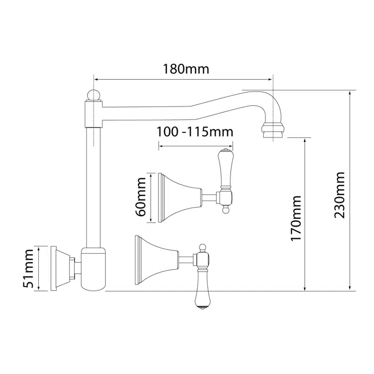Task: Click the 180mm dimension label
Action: pos(186,69)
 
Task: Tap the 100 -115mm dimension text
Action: pos(195,132)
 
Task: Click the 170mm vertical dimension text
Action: pos(296,218)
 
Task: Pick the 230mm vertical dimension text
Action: pos(339,195)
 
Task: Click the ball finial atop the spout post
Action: pos(94,95)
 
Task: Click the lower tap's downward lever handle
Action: pos(202,288)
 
